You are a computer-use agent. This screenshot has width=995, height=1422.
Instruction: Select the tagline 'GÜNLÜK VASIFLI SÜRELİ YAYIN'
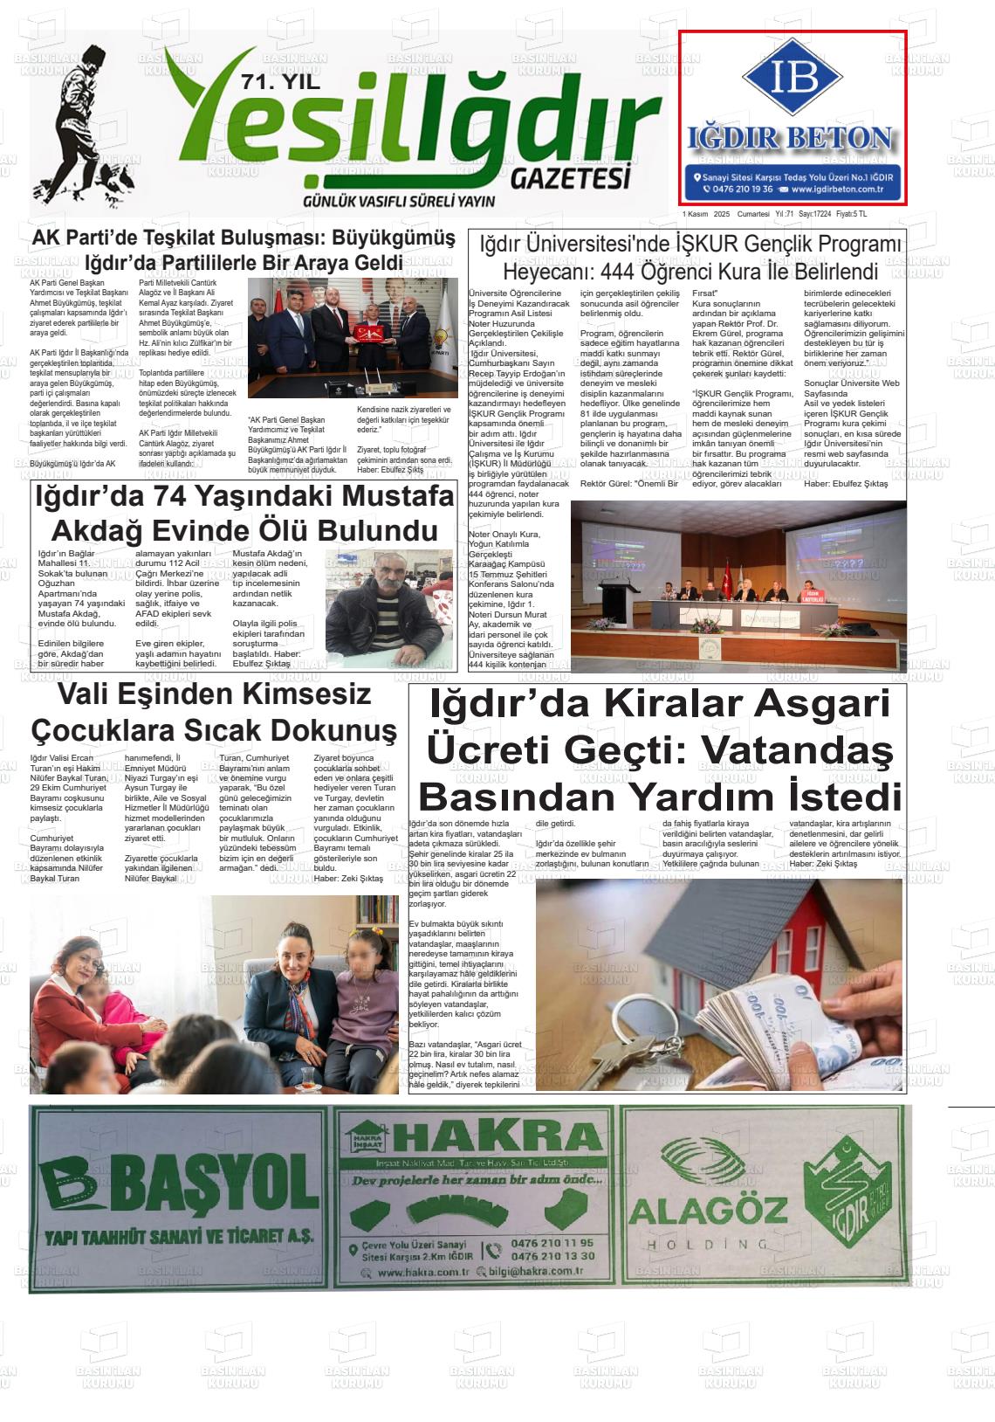(x=398, y=202)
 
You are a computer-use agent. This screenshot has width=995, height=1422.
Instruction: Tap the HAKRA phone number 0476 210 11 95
(x=552, y=1243)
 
